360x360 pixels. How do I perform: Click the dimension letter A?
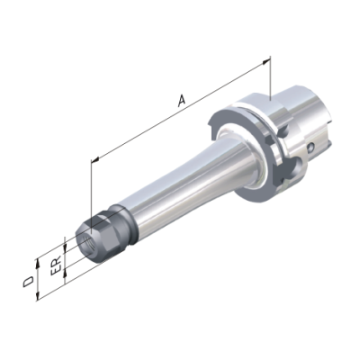(x=181, y=100)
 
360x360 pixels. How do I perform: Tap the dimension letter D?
(x=29, y=282)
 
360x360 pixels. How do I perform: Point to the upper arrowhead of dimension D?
(x=38, y=263)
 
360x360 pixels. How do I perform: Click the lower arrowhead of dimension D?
(x=38, y=296)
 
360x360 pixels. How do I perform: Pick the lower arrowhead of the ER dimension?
(x=65, y=272)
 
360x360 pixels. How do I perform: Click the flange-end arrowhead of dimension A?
(x=265, y=61)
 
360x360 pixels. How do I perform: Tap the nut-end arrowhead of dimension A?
(x=95, y=160)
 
